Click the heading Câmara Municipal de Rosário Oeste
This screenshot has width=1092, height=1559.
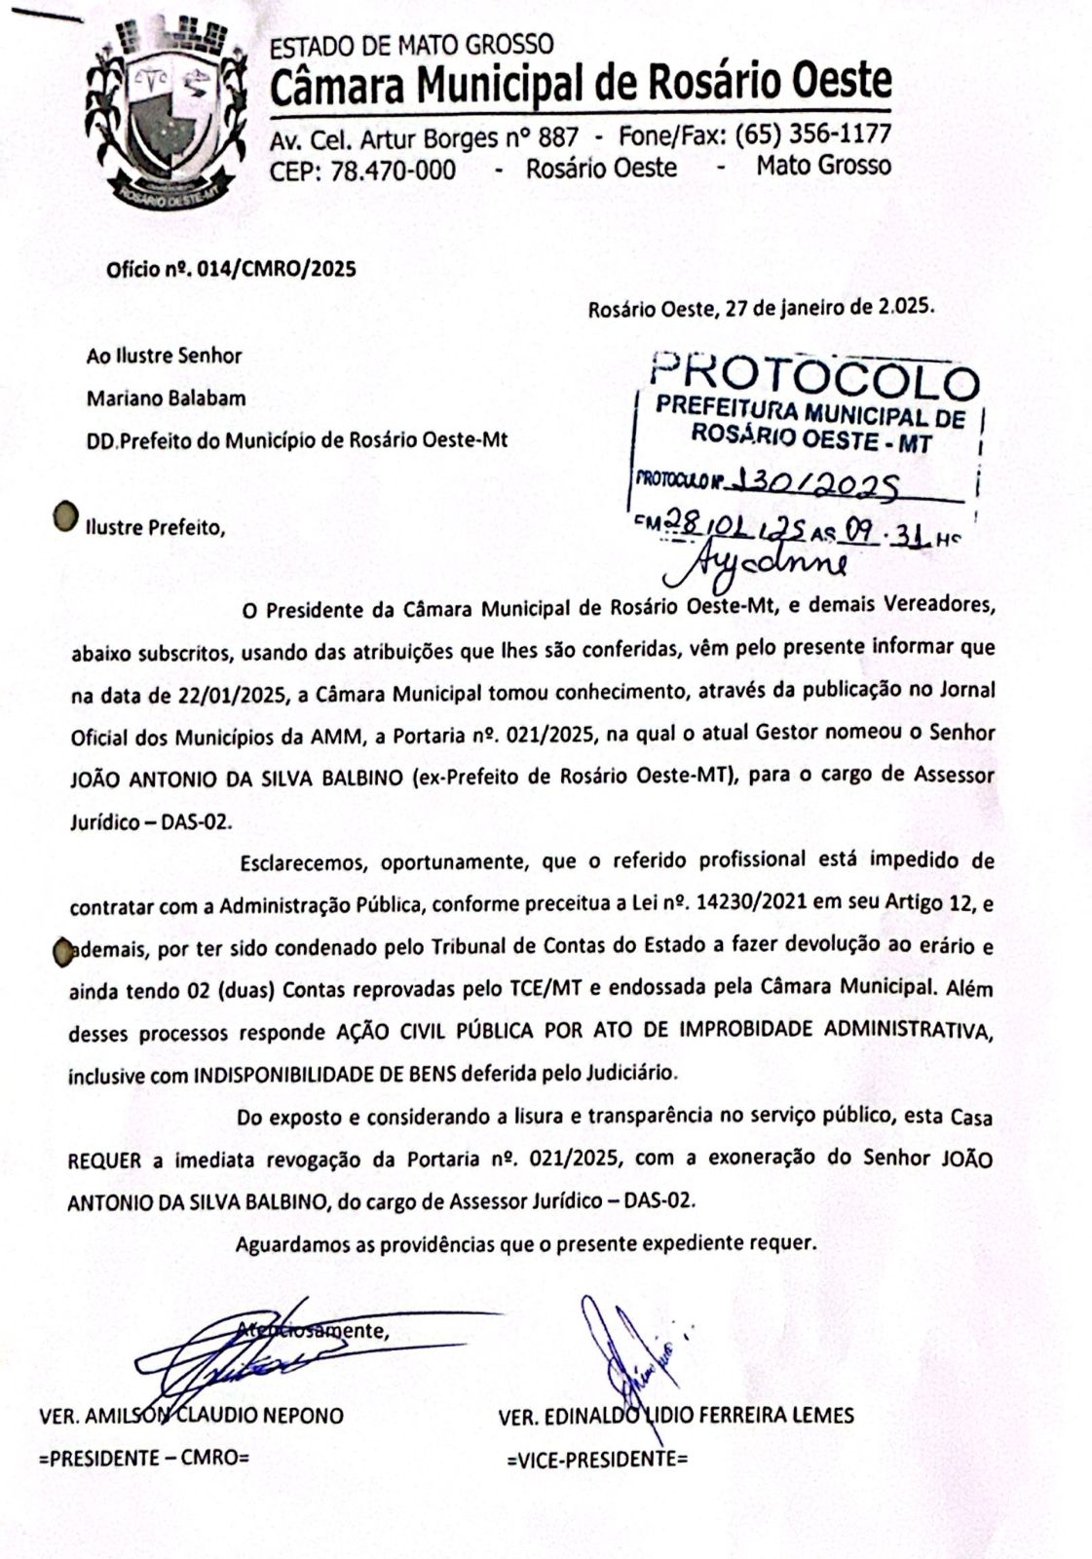(580, 86)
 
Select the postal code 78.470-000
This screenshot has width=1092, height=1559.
(393, 170)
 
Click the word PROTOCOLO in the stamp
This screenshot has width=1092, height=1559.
(814, 375)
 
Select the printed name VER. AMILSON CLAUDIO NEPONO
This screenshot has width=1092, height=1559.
(191, 1416)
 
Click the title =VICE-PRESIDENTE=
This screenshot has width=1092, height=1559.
(597, 1459)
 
